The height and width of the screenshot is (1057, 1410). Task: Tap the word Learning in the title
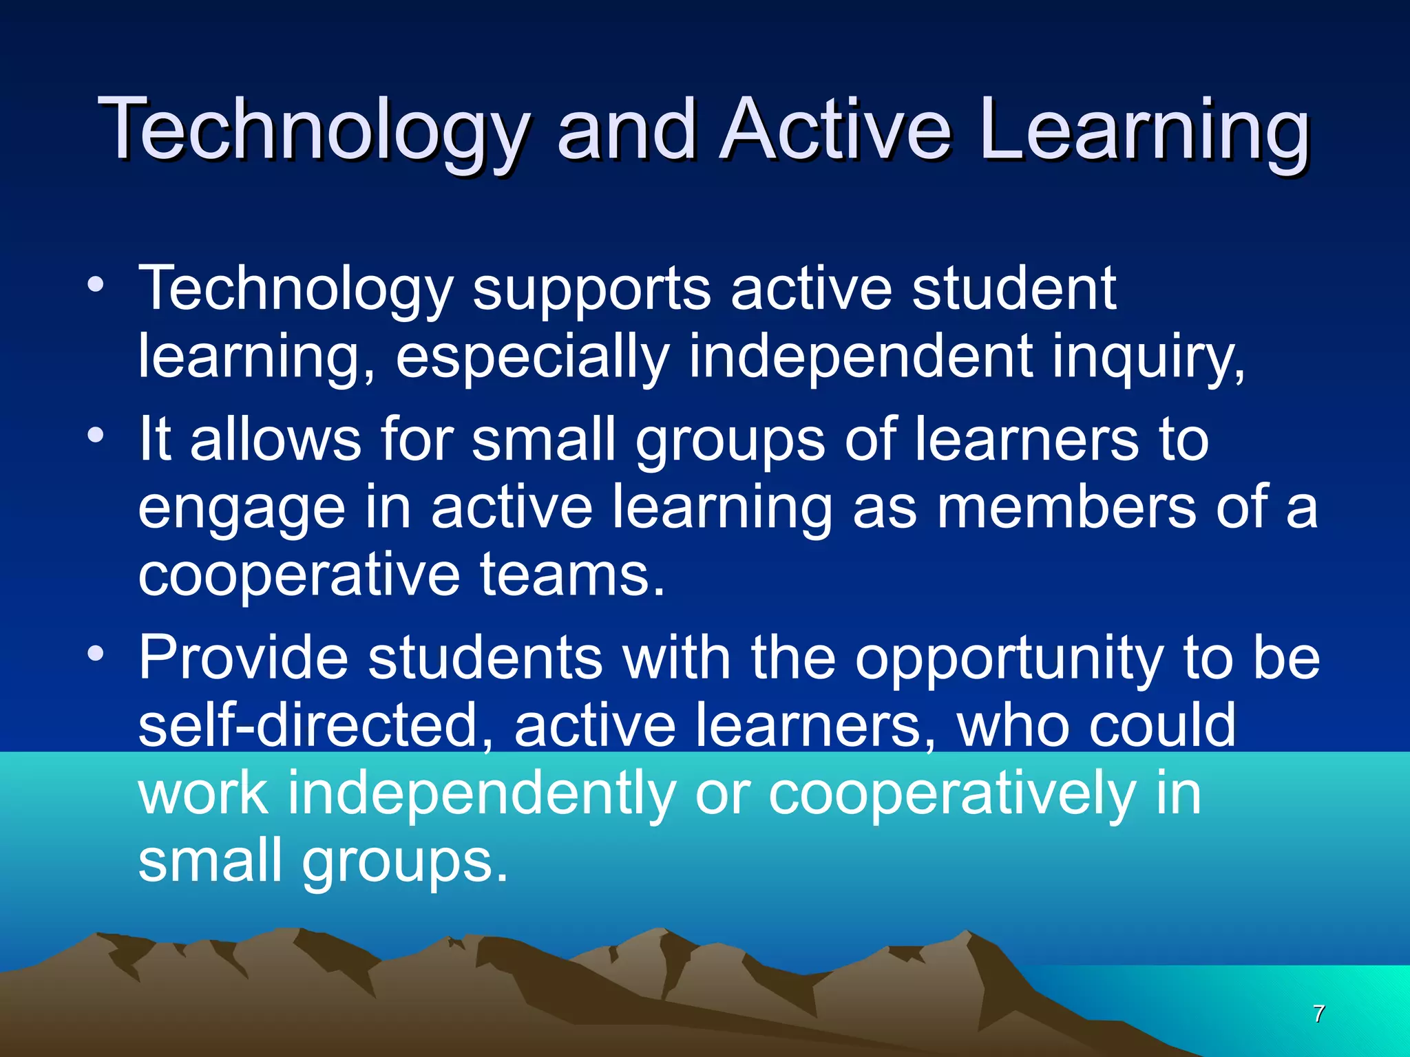(1144, 129)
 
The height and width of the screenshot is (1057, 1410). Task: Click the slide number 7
(1318, 1014)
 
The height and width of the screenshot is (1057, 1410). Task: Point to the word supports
(591, 289)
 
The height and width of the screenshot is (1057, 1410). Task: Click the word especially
(532, 356)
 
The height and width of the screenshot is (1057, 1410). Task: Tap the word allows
(275, 438)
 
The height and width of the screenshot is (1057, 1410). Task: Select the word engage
(242, 507)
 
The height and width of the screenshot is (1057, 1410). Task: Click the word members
(1066, 507)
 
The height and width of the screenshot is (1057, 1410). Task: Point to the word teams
(573, 575)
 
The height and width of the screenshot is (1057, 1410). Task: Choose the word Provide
(244, 657)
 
